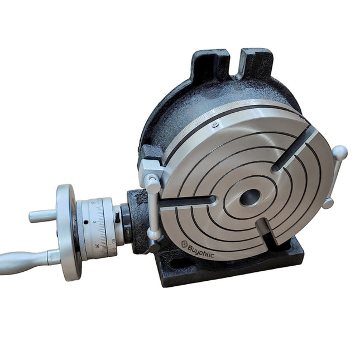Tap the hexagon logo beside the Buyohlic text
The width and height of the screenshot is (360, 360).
tap(185, 243)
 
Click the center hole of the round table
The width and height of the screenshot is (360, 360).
tap(249, 196)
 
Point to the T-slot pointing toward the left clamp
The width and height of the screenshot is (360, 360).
tap(187, 201)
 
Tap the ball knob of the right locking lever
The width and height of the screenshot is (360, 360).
tap(340, 152)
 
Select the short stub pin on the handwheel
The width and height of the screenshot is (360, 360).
tap(42, 215)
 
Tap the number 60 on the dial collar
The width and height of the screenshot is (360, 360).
tap(114, 242)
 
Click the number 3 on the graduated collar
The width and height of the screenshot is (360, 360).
tap(94, 222)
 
